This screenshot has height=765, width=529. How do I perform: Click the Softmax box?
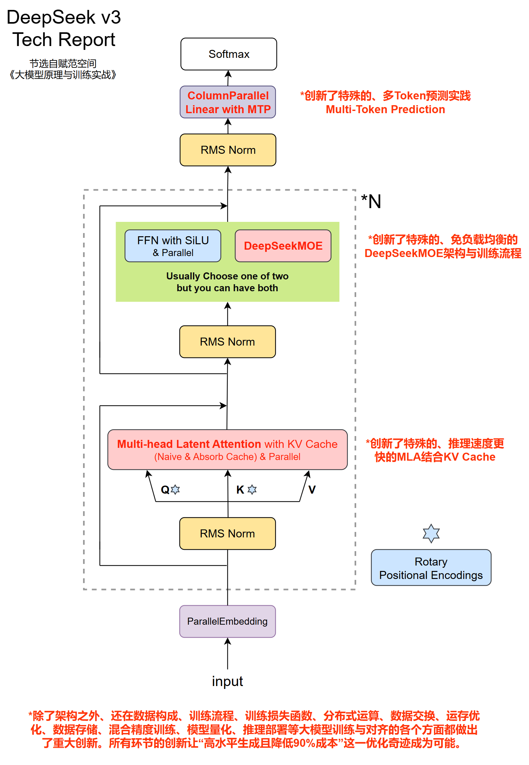229,54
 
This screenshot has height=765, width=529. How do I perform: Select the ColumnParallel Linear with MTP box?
228,102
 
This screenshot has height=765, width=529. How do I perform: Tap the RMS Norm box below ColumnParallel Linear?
228,150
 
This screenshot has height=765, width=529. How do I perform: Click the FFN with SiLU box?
173,246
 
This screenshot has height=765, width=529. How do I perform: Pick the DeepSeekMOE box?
283,246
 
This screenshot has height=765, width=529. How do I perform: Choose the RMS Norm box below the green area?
227,342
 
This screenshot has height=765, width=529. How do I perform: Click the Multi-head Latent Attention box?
227,450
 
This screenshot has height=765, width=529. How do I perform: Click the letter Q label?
165,490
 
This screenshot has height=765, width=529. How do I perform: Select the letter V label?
312,490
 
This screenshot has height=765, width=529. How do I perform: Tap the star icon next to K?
252,490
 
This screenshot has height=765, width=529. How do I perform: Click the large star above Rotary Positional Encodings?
431,534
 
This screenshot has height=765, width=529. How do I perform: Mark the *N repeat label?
371,201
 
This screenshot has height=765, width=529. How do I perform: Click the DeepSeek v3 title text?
64,17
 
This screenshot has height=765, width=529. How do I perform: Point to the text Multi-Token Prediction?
386,109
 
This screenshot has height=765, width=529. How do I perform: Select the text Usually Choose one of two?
227,276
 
